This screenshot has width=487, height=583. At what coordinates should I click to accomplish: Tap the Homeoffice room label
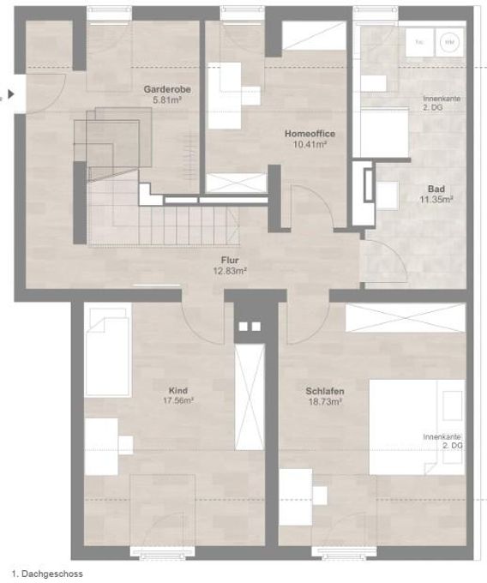310,134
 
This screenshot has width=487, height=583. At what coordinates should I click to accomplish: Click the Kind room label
178,388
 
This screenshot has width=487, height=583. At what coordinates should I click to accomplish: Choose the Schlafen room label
324,390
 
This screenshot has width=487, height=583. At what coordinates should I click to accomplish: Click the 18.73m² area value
324,400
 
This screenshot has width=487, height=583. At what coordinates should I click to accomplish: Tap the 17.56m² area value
178,400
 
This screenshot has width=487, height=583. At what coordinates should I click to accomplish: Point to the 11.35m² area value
436,199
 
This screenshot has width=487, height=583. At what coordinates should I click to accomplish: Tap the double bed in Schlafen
417,426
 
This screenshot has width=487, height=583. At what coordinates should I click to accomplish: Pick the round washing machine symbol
448,40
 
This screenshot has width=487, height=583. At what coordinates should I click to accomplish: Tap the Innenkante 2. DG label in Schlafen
442,442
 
